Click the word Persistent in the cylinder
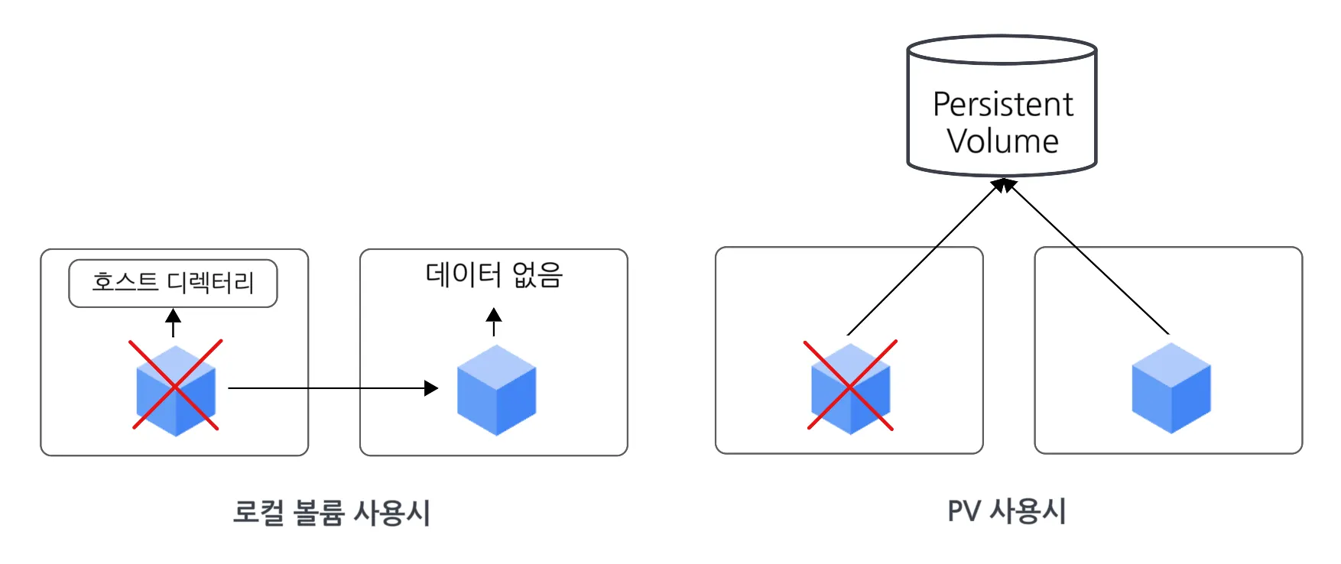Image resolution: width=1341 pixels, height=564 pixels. tap(1002, 105)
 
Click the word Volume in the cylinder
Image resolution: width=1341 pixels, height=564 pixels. tap(1002, 141)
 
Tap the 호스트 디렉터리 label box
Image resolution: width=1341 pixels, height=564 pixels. tap(173, 283)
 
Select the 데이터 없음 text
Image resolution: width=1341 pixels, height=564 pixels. tap(494, 274)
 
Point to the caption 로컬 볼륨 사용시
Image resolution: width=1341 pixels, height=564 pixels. tap(332, 512)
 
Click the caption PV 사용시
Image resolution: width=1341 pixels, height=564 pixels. tap(1006, 511)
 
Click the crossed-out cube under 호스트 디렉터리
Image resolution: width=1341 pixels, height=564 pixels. tap(176, 388)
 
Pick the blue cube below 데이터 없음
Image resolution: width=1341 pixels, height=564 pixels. tap(496, 389)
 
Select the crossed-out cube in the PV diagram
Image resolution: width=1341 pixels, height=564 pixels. tap(850, 387)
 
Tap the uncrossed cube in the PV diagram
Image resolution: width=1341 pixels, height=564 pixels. tap(1171, 387)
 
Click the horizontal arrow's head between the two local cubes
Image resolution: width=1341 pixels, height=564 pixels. tap(432, 388)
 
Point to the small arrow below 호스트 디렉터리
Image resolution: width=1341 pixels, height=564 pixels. tap(174, 322)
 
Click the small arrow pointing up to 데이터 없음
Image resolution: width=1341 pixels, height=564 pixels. tap(494, 321)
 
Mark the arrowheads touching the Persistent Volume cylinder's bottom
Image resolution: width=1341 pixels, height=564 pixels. tap(1003, 184)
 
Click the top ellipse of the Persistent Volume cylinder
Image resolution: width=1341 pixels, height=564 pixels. tap(1002, 50)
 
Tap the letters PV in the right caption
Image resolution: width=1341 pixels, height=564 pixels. tap(963, 511)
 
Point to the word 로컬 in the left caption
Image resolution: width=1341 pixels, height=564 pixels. tap(258, 512)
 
